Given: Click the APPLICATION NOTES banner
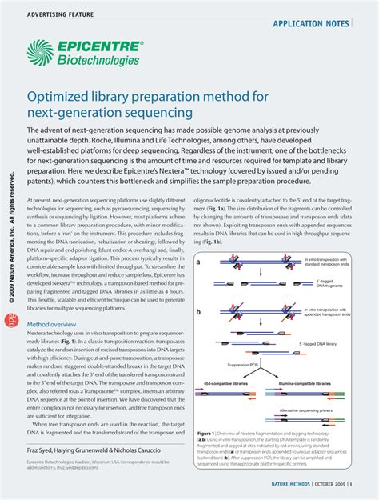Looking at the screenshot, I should click(310, 24).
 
